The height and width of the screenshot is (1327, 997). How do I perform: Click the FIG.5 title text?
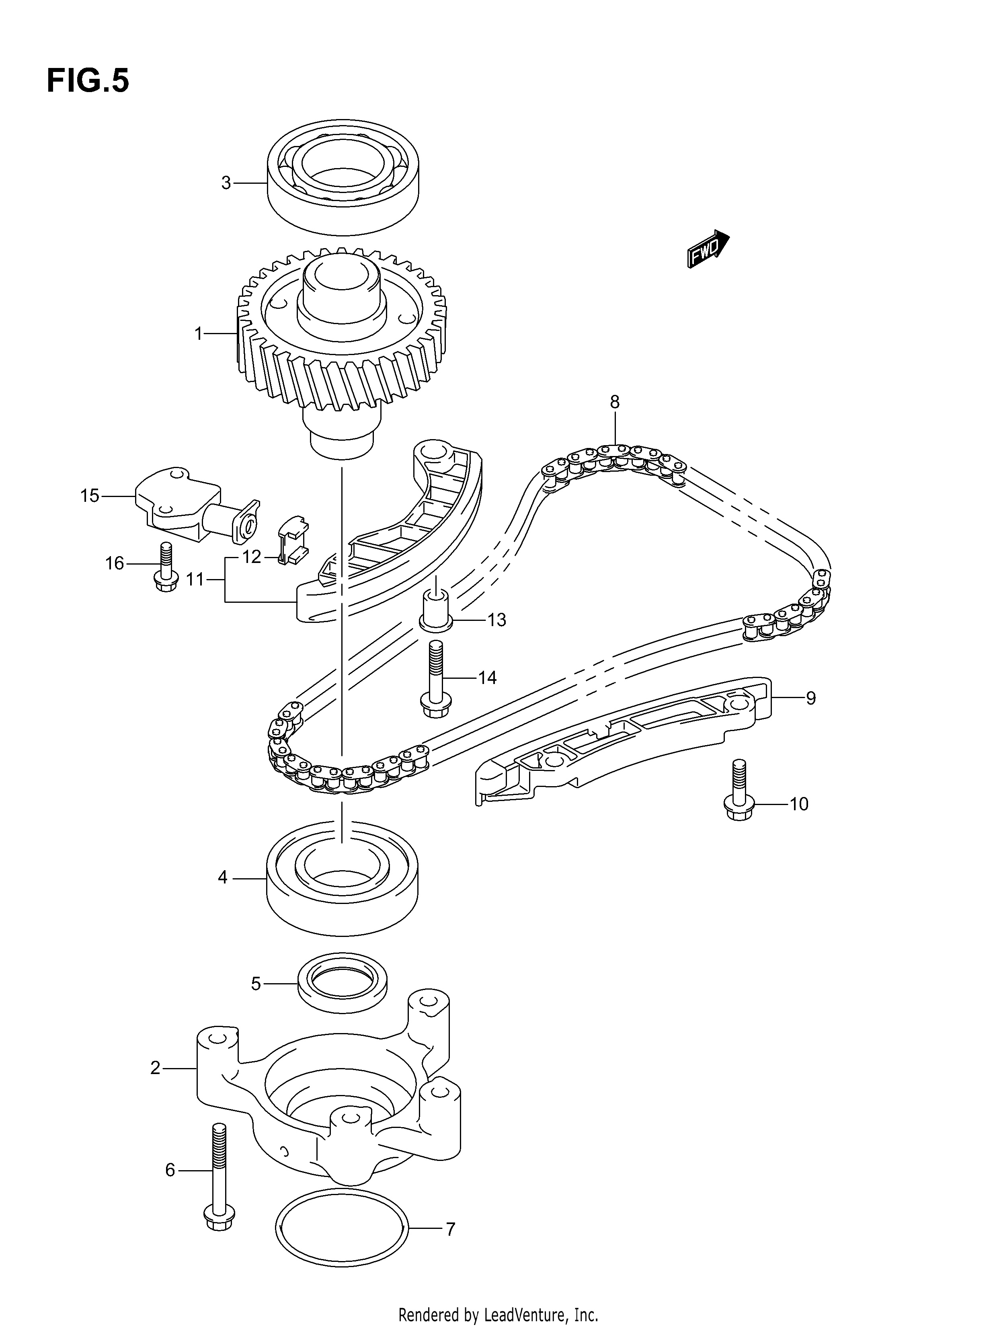(x=88, y=81)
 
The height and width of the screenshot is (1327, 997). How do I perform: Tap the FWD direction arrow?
(x=708, y=249)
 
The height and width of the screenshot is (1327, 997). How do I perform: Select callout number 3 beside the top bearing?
(x=226, y=183)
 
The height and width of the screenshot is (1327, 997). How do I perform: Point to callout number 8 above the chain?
(x=615, y=402)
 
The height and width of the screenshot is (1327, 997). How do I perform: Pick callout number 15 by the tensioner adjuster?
(x=90, y=496)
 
